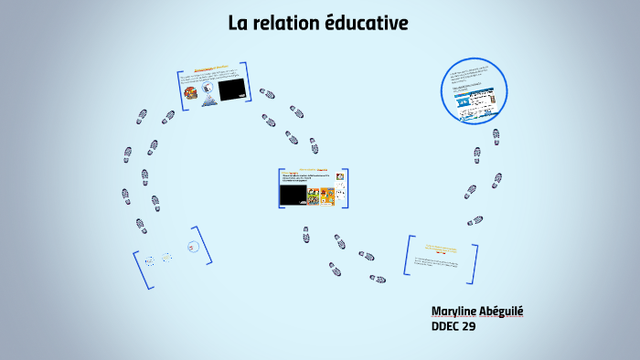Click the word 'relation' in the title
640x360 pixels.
pos(287,23)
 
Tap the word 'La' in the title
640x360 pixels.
pos(239,23)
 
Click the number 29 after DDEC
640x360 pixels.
pos(469,325)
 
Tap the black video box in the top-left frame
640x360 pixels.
pos(231,89)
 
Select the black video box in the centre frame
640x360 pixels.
pos(293,194)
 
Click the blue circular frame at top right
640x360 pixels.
pos(473,89)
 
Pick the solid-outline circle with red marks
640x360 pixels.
pos(192,246)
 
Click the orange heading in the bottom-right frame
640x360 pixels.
pos(441,248)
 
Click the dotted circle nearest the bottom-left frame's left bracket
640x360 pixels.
pos(149,260)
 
